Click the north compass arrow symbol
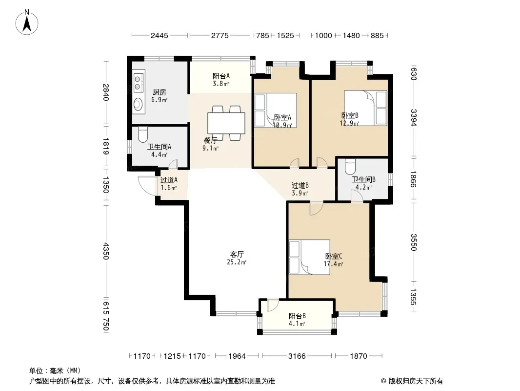(x=27, y=22)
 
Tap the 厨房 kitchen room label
(x=159, y=92)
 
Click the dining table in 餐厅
(x=226, y=123)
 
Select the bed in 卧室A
(x=275, y=110)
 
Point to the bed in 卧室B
(x=365, y=108)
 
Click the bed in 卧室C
(x=309, y=257)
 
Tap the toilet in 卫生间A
(x=142, y=134)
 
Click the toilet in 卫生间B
(x=350, y=167)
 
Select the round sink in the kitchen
(x=138, y=104)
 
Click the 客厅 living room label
(x=237, y=255)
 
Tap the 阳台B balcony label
(x=297, y=316)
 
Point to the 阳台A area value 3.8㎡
(x=221, y=84)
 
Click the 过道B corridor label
(x=300, y=185)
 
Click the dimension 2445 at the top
(x=160, y=36)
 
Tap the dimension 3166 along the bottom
(x=297, y=356)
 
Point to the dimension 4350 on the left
(x=106, y=251)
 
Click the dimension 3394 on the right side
(x=413, y=118)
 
